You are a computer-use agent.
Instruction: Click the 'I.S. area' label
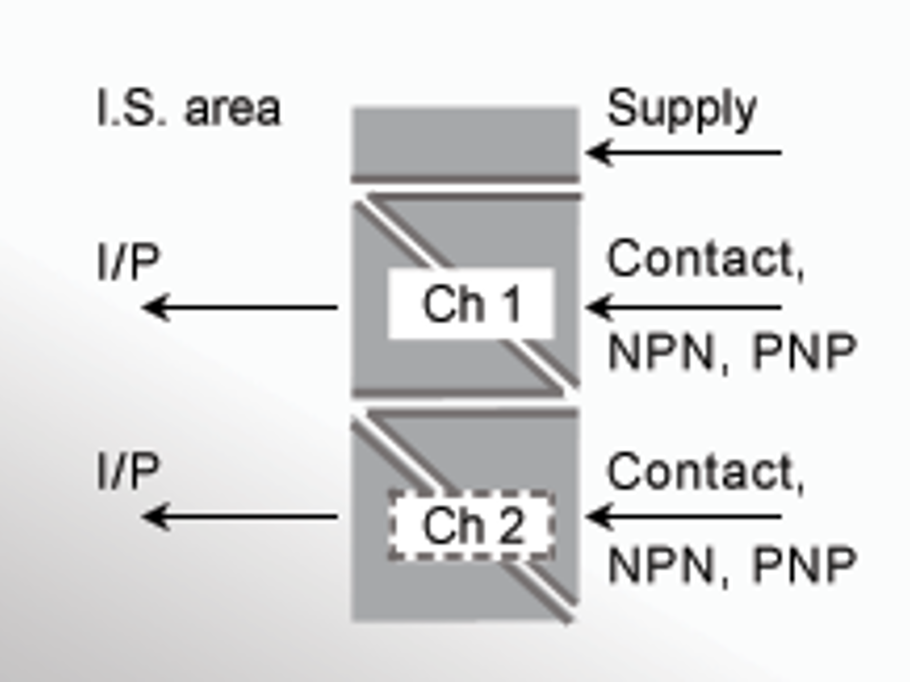coord(189,108)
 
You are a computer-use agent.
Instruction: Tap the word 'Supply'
coord(682,109)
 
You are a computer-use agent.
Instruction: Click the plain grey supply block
coord(465,142)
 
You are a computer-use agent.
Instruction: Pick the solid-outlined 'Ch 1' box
coord(471,304)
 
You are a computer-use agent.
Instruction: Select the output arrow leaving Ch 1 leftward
coord(240,307)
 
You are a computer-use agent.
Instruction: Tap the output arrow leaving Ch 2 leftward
coord(240,516)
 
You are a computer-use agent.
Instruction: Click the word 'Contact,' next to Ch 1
coord(705,259)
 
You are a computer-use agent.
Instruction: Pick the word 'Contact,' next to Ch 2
coord(705,471)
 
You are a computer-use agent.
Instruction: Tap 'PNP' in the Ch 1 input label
coord(805,351)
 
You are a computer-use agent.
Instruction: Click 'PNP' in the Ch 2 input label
coord(805,564)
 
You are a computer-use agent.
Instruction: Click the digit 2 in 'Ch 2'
coord(511,525)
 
